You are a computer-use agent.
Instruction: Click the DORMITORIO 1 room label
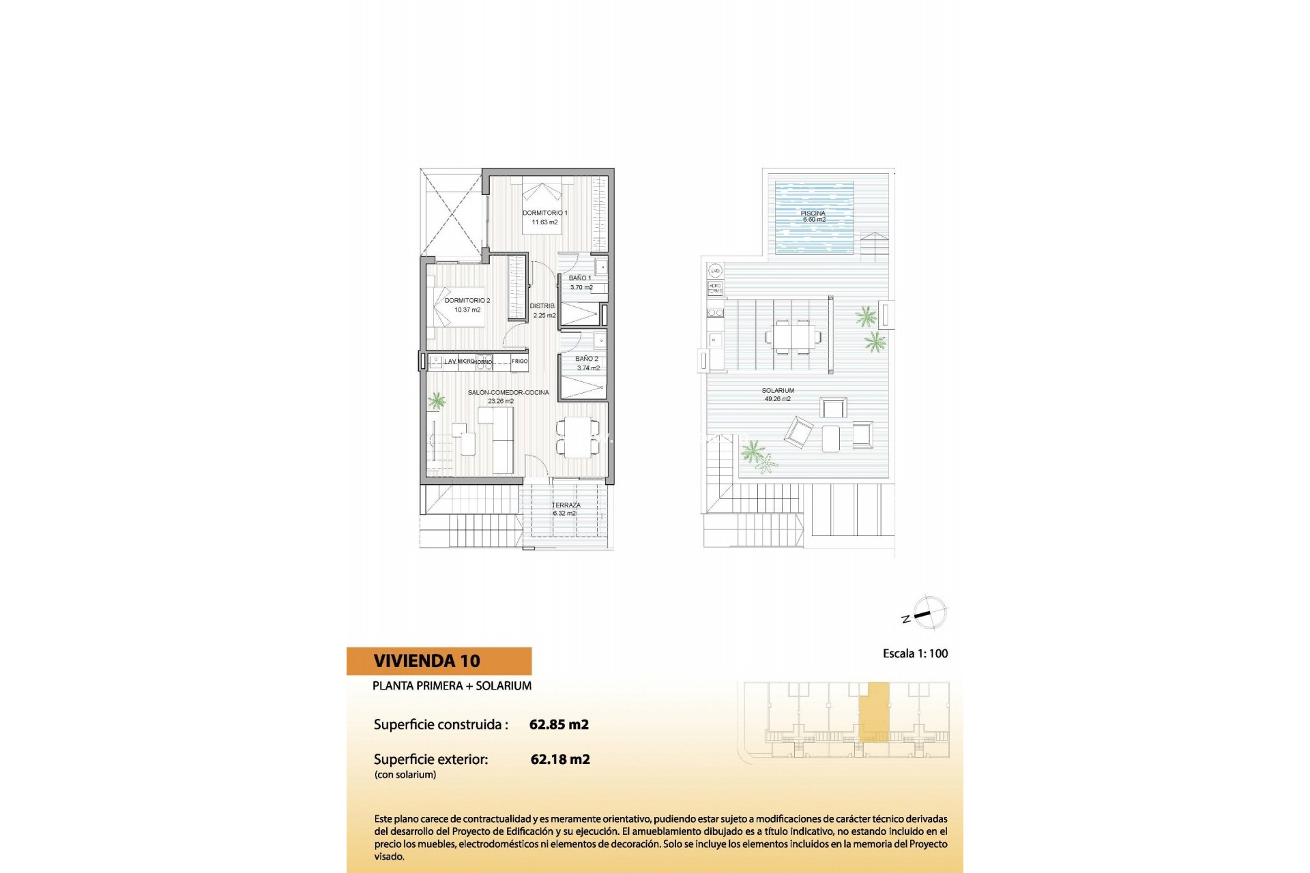click(544, 213)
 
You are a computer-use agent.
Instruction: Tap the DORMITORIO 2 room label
click(467, 301)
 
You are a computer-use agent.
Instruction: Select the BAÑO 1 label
click(580, 278)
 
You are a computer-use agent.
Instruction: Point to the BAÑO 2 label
click(587, 359)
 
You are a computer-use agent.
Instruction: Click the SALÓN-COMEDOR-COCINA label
click(508, 393)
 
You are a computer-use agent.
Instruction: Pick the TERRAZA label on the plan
click(566, 505)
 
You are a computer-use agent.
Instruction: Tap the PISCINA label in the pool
click(813, 214)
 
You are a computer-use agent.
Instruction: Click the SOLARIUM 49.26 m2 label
click(778, 394)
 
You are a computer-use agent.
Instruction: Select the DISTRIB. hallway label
click(543, 306)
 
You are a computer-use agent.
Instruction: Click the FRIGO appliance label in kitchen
click(519, 361)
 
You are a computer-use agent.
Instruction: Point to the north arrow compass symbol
click(929, 612)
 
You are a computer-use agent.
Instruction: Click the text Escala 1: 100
click(915, 653)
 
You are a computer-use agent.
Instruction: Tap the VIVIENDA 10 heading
click(427, 661)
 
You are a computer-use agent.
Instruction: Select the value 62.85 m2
click(559, 725)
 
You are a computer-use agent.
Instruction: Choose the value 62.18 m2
click(560, 759)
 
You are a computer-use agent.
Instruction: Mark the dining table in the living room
click(578, 437)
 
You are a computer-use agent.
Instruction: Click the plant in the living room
click(437, 401)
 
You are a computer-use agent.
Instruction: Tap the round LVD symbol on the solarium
click(715, 271)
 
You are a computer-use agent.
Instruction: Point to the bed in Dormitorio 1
click(542, 205)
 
